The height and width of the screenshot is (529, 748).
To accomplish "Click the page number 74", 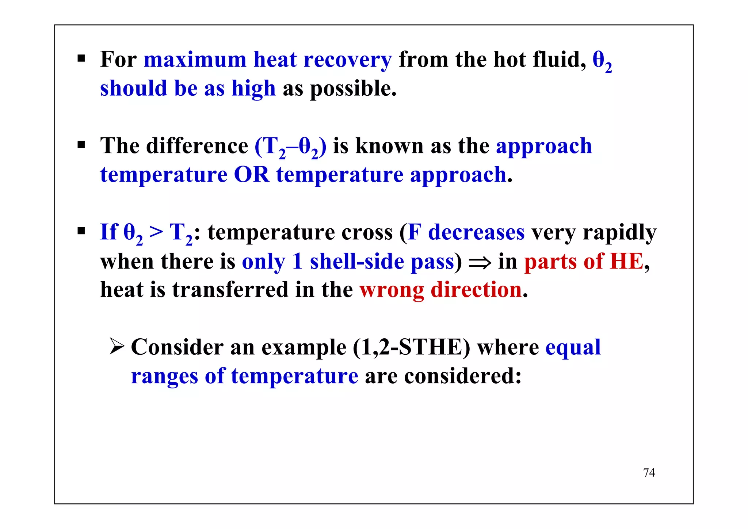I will pyautogui.click(x=649, y=473).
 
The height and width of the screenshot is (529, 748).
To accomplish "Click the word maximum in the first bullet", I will pyautogui.click(x=195, y=60).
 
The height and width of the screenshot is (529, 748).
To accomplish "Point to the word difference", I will pyautogui.click(x=197, y=146).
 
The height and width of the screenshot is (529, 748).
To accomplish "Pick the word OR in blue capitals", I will pyautogui.click(x=251, y=175).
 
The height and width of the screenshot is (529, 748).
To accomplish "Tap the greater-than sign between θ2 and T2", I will pyautogui.click(x=156, y=233).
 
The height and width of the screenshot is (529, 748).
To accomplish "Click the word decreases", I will pyautogui.click(x=476, y=232).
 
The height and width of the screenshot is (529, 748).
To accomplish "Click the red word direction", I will pyautogui.click(x=476, y=290).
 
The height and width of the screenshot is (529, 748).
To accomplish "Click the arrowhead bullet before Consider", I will pyautogui.click(x=117, y=346).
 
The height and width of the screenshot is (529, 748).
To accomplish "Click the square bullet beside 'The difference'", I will pyautogui.click(x=81, y=145).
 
